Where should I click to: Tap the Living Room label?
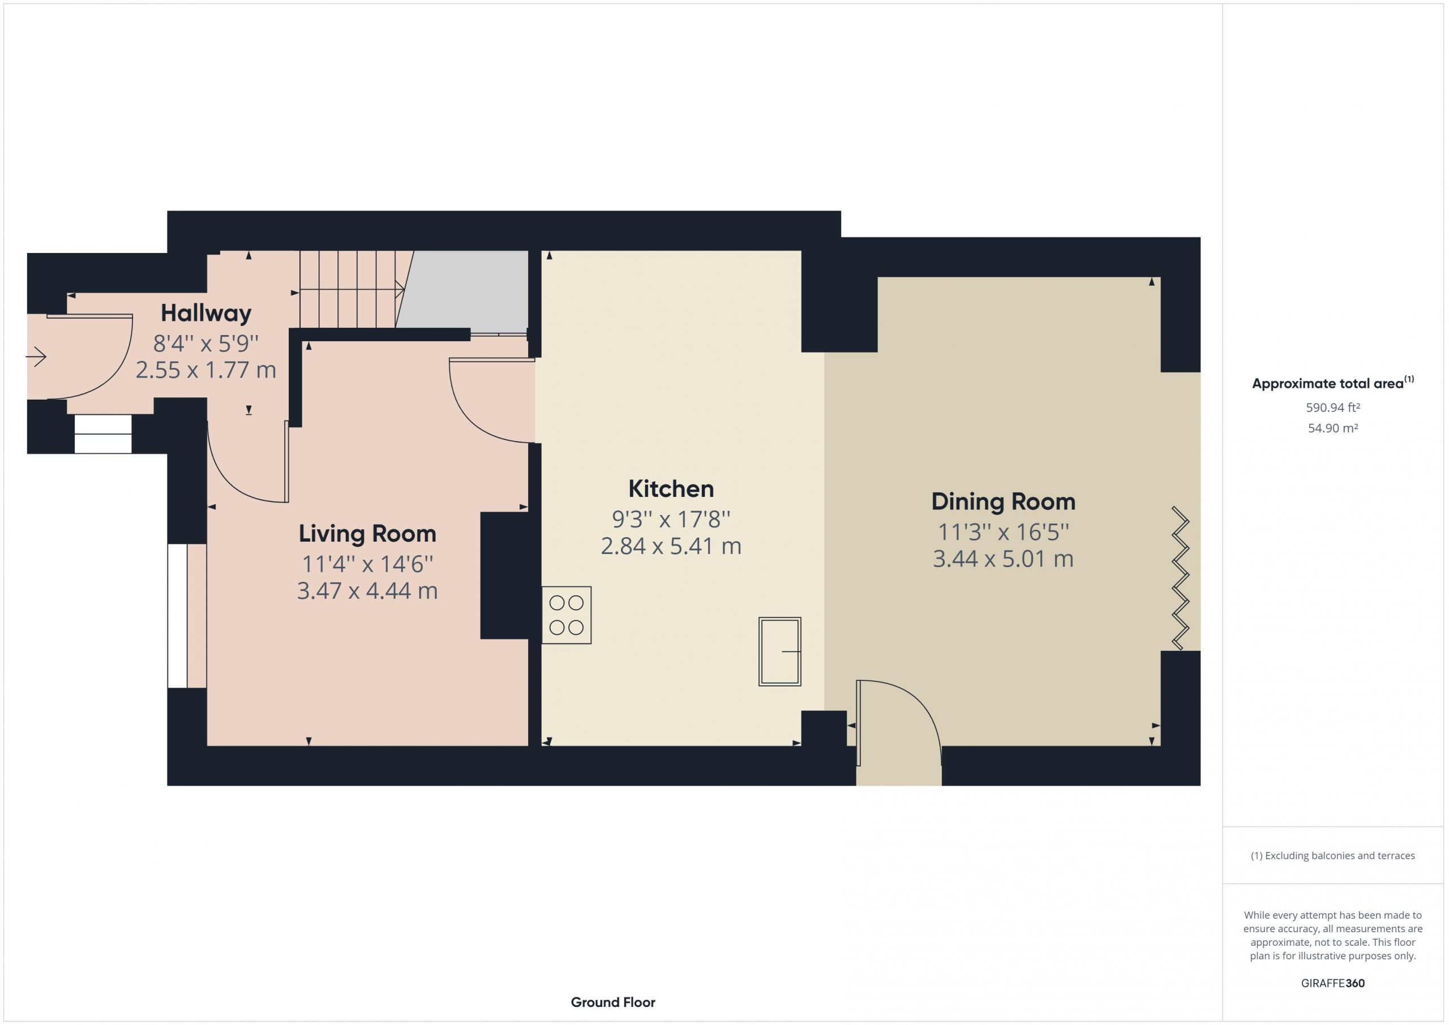click(x=367, y=534)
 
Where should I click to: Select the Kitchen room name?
click(x=671, y=489)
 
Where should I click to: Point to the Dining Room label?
click(x=1003, y=502)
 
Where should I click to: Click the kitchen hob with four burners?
click(x=566, y=615)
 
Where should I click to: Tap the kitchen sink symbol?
click(x=779, y=651)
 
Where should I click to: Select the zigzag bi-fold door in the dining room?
click(x=1180, y=578)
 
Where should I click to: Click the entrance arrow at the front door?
click(x=36, y=357)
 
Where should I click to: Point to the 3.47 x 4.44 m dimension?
click(x=367, y=591)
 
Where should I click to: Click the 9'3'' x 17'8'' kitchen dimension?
click(x=671, y=520)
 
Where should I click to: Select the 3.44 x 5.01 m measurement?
click(x=1003, y=559)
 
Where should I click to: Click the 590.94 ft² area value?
click(x=1333, y=408)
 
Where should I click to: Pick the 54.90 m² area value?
click(x=1333, y=428)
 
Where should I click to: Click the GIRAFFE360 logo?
click(x=1333, y=983)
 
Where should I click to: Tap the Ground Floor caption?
click(x=613, y=1002)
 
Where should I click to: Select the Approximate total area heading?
click(x=1333, y=383)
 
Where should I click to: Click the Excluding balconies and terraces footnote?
click(x=1333, y=856)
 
